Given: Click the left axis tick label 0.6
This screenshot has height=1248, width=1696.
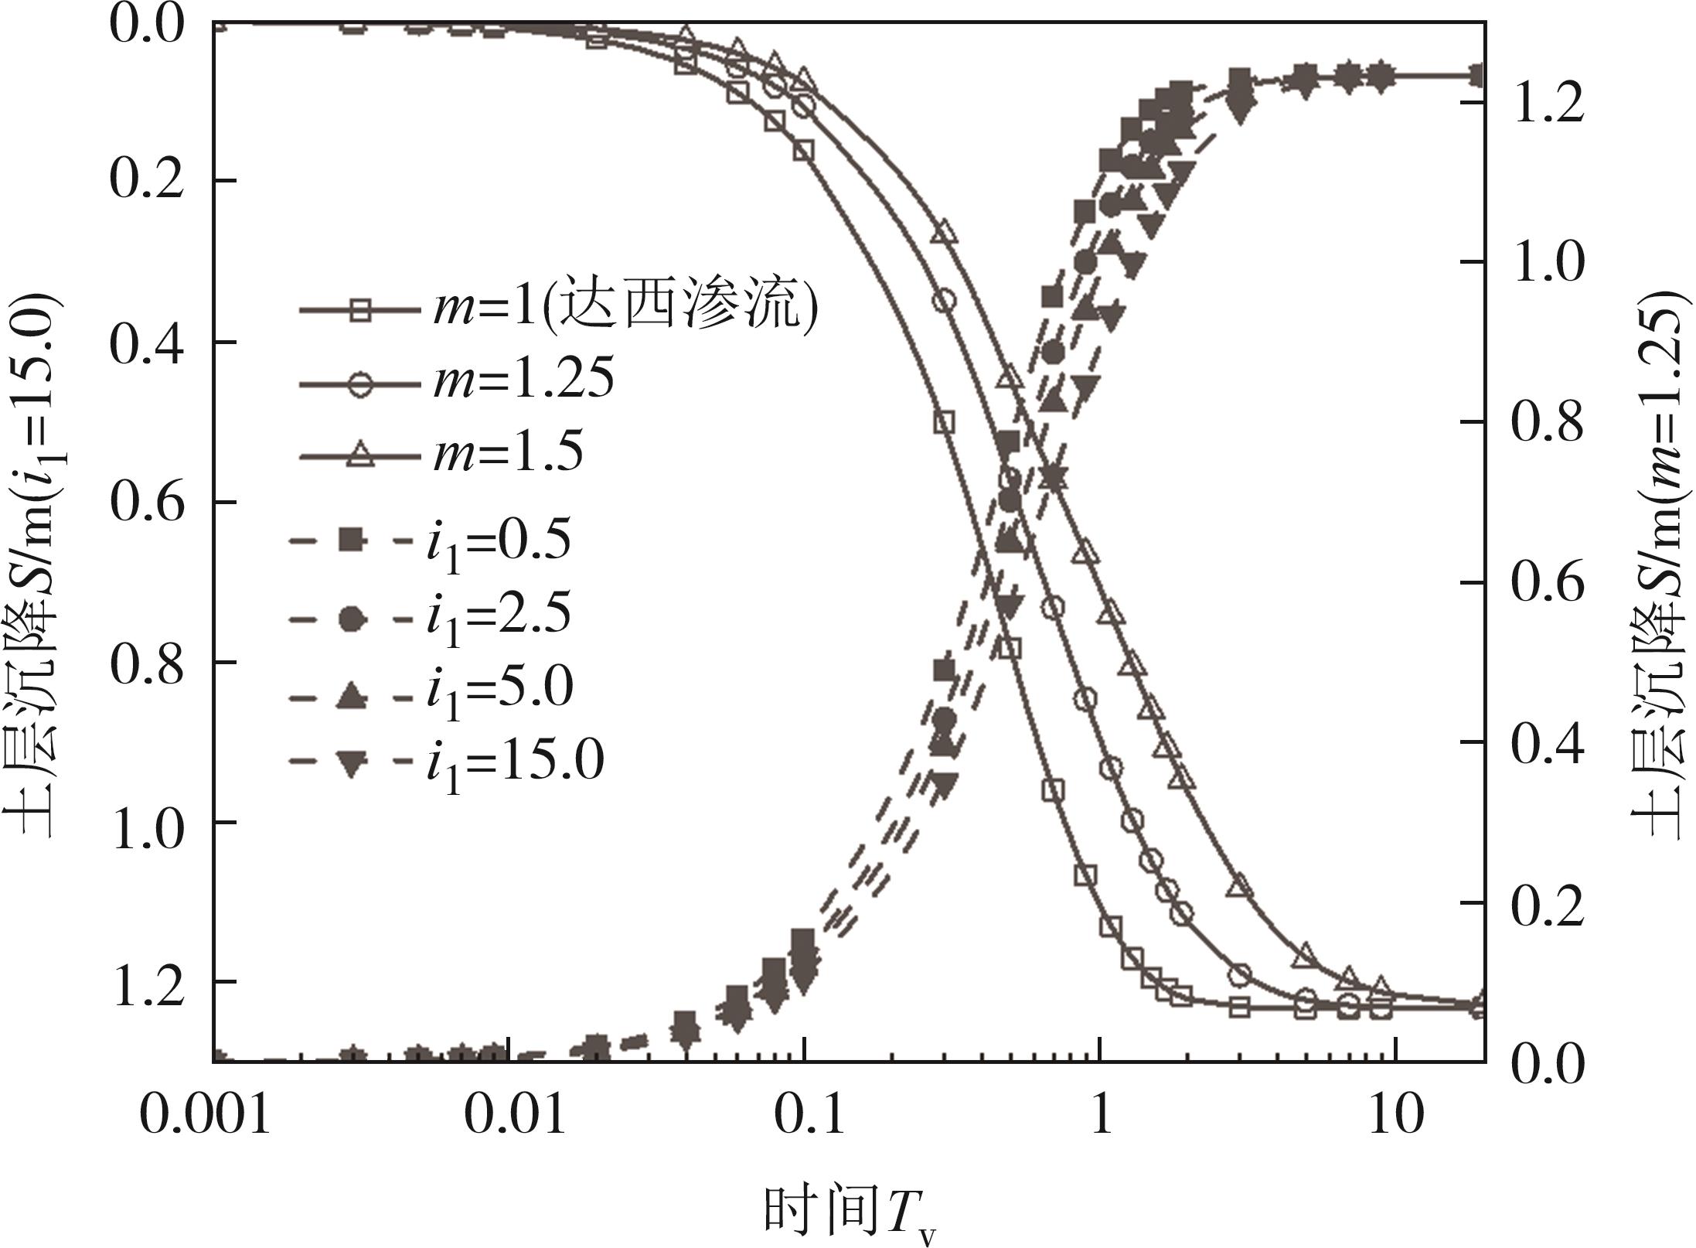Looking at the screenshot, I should click(147, 503).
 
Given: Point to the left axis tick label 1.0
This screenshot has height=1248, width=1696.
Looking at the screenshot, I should click(147, 822).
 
